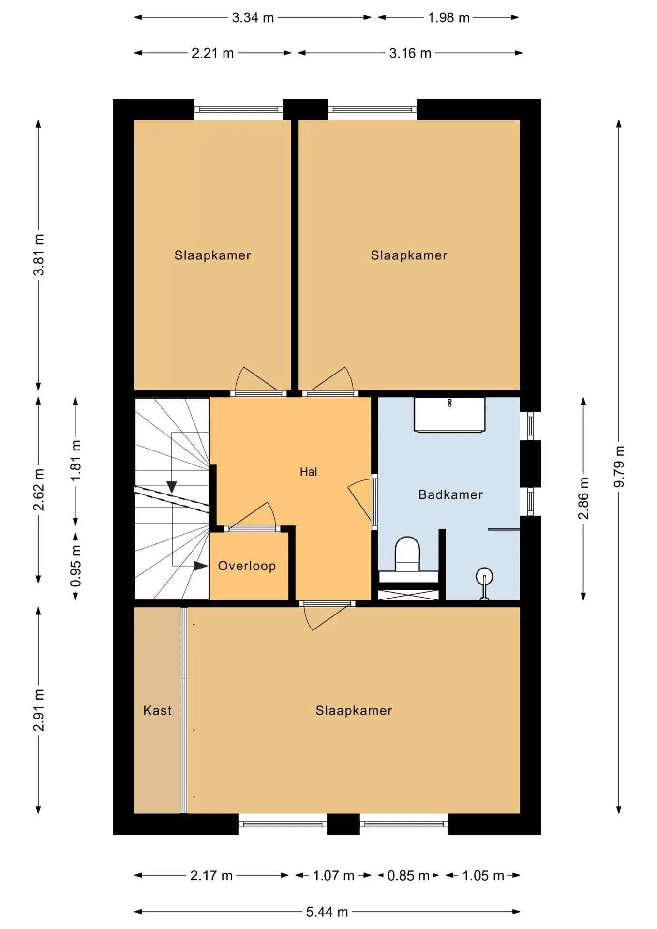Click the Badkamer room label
tap(450, 494)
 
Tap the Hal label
tap(308, 472)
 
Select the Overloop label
tap(247, 566)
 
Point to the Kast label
tap(157, 710)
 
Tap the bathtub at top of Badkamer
tap(449, 415)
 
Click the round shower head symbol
tap(484, 577)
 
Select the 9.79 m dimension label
tap(619, 467)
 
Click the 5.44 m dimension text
tap(327, 912)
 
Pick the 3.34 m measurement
tap(253, 18)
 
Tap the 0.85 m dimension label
tap(408, 876)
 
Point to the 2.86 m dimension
tap(583, 498)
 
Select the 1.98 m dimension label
tap(448, 18)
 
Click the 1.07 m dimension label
tap(333, 876)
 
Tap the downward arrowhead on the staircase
tap(172, 487)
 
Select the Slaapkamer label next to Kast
tap(354, 710)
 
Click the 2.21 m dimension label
tap(212, 53)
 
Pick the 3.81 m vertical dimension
tap(39, 255)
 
